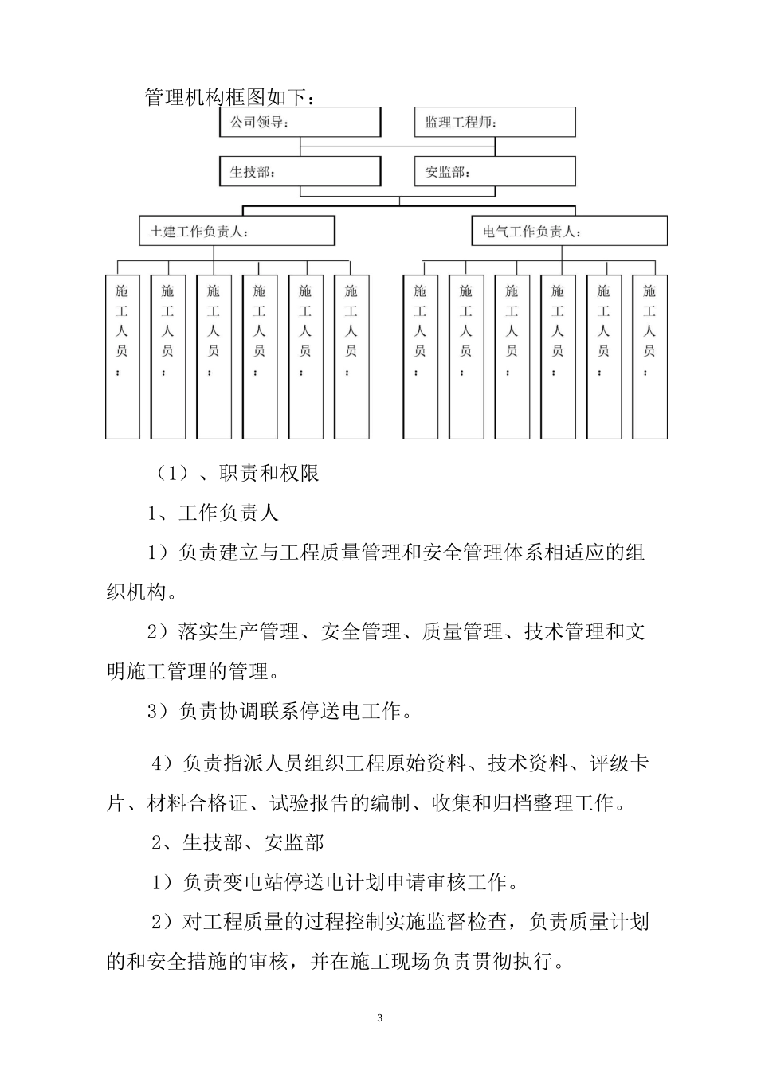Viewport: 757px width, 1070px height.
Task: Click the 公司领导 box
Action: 300,123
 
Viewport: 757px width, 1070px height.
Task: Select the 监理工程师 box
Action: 495,123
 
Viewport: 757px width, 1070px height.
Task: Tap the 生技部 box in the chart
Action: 300,171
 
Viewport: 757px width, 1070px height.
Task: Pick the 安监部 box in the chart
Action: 495,171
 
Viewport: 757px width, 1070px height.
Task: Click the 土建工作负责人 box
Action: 237,232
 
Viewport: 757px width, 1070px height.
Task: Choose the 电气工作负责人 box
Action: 569,232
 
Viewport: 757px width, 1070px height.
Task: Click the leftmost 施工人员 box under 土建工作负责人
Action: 122,357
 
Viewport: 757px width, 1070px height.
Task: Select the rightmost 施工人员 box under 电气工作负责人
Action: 649,357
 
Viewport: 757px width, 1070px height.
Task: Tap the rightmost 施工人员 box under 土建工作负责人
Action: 351,357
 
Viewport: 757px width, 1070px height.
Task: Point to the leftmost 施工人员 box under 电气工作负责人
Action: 420,357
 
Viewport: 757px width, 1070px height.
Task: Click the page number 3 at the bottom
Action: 379,1018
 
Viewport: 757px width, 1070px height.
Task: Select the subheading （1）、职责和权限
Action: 237,473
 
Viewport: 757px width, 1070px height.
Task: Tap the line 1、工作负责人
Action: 213,513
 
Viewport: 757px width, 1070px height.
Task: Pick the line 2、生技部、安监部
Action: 237,842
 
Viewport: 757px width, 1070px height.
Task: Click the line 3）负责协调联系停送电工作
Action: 280,711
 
